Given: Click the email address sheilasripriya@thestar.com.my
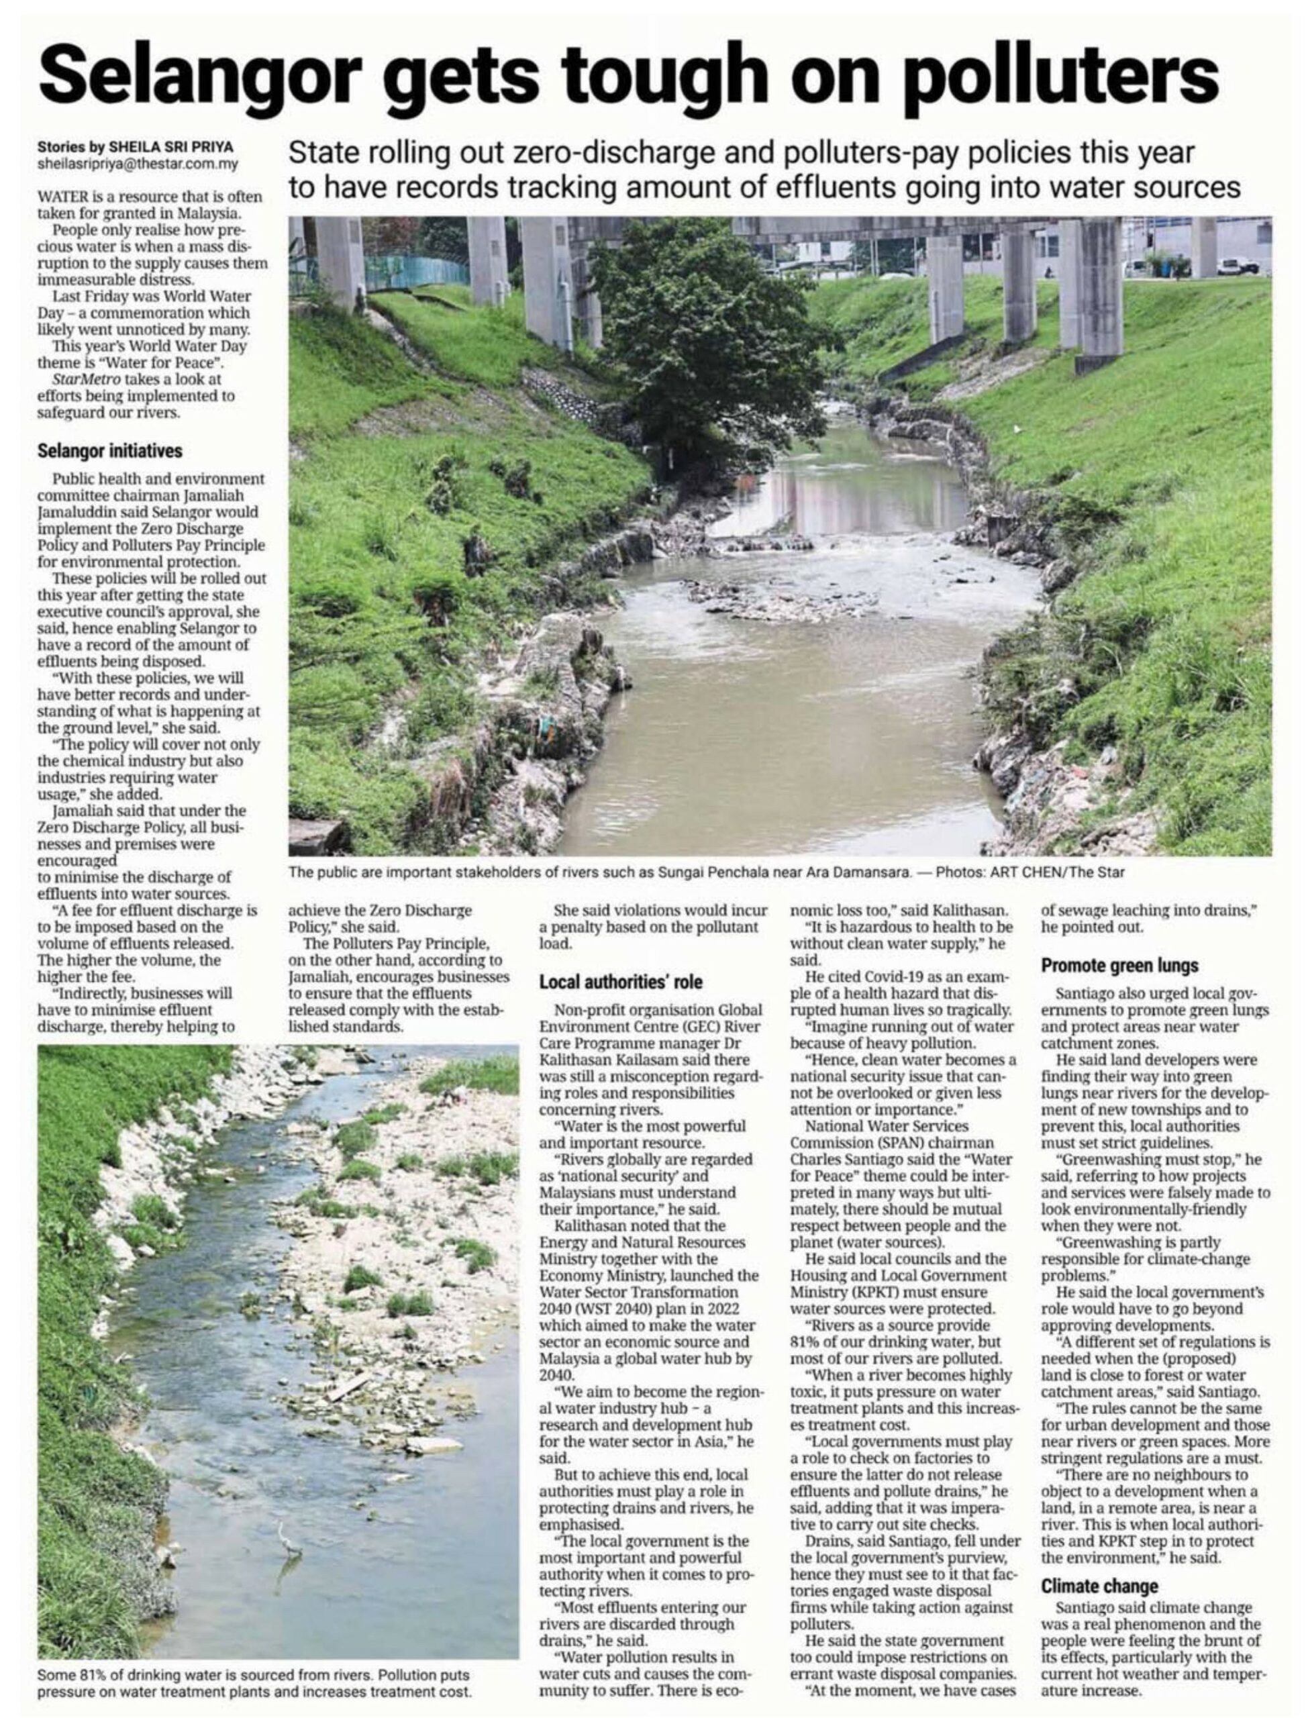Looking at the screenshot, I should point(138,164).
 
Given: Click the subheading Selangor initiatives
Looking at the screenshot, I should point(109,451).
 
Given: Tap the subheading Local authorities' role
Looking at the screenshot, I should point(620,982).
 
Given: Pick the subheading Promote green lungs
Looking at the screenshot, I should point(1119,966).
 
